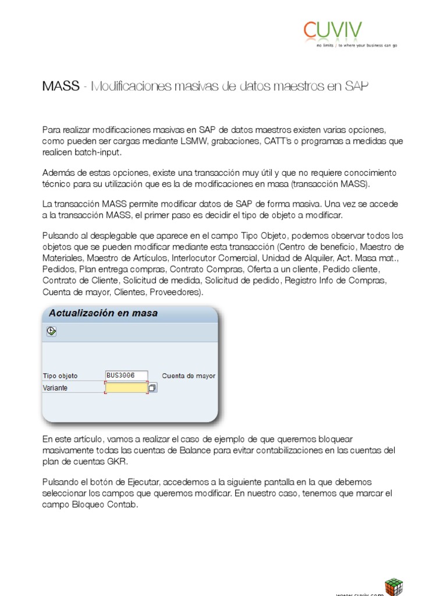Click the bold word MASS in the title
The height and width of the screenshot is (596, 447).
pos(61,87)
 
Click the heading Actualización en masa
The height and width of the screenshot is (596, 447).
pos(103,313)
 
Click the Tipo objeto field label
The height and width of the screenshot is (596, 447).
pos(60,376)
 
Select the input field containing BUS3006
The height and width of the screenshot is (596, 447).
pos(126,375)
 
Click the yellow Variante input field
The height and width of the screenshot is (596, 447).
pos(126,388)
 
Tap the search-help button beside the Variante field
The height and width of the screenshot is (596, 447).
pos(152,388)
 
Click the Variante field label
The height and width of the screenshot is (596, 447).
pos(55,388)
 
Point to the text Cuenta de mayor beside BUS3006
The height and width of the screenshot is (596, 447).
pos(189,376)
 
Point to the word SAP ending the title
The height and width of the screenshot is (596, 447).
pos(356,87)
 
